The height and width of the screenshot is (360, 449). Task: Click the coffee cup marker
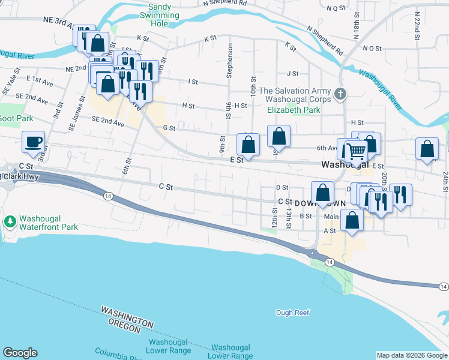(33, 142)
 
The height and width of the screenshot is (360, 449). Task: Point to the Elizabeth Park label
(294, 110)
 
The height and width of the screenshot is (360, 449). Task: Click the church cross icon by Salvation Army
(341, 94)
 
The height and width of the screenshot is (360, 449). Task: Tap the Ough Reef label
(292, 313)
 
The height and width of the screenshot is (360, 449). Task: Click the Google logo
(20, 353)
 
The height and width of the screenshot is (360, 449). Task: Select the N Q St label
(336, 8)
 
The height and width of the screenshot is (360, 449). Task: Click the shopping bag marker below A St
(352, 220)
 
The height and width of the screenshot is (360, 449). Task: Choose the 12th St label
(274, 220)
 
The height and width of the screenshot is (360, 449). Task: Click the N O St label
(372, 48)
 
